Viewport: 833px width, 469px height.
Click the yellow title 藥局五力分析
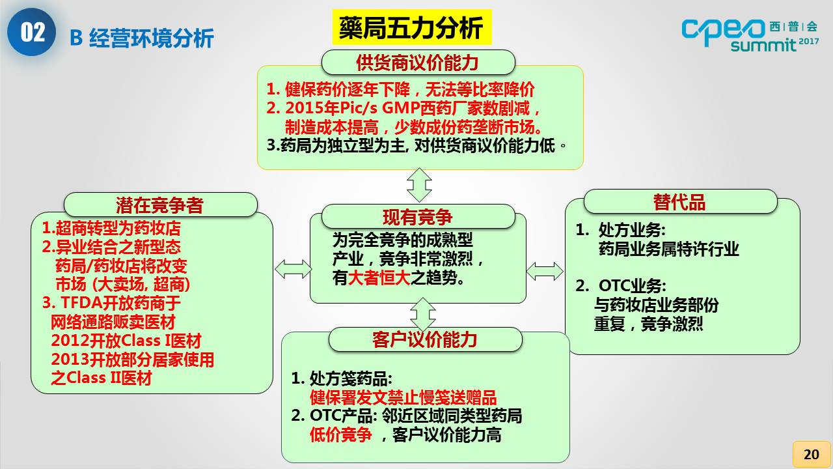click(x=411, y=28)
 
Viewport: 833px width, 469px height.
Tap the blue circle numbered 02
click(x=32, y=33)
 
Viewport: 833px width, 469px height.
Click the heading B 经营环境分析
click(x=141, y=38)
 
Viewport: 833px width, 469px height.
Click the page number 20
click(x=811, y=454)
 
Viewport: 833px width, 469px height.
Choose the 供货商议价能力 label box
click(x=418, y=63)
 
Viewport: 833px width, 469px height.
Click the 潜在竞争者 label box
click(x=160, y=205)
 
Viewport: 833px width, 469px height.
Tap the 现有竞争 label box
click(x=418, y=216)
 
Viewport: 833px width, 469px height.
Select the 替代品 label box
click(x=679, y=202)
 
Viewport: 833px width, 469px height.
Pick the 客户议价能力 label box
click(x=425, y=339)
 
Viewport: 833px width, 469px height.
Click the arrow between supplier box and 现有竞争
click(x=419, y=184)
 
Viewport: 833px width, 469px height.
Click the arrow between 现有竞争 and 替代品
click(x=545, y=271)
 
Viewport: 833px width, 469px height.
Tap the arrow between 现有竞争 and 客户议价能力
click(x=423, y=315)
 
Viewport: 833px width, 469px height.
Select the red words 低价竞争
click(x=341, y=434)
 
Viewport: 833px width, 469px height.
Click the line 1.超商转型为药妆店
click(x=111, y=229)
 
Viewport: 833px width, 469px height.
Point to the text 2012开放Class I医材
click(x=126, y=341)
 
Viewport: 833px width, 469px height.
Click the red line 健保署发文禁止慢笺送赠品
click(x=403, y=397)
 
